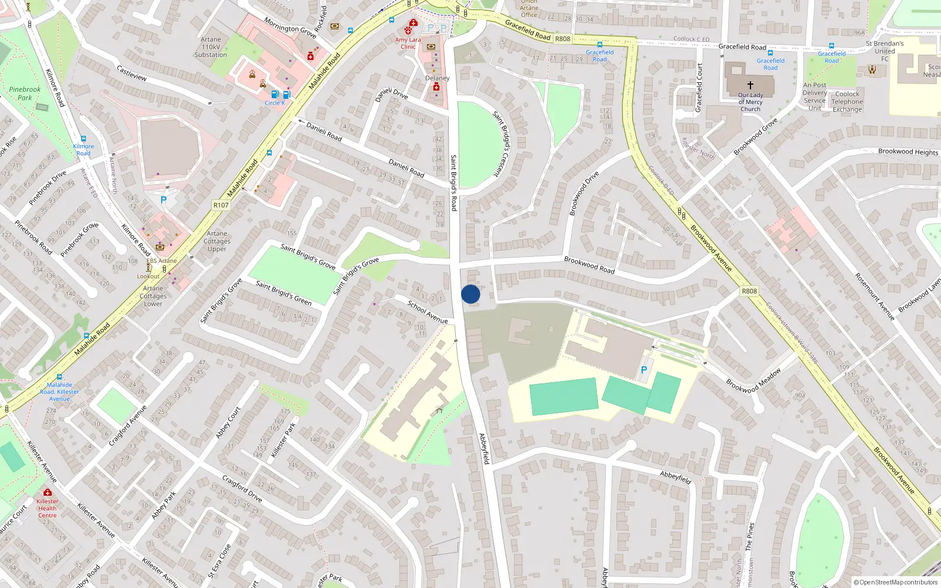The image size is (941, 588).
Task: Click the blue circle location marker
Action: (x=470, y=294)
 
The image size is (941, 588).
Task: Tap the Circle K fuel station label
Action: (x=275, y=103)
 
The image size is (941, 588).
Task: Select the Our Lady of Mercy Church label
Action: (x=750, y=102)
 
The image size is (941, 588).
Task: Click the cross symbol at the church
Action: (x=750, y=85)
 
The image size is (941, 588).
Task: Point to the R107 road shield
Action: (x=221, y=205)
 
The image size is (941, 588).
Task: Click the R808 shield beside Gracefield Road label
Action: (x=563, y=39)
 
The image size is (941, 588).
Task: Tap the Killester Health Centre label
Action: (x=47, y=509)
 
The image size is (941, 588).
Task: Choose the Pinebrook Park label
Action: (x=25, y=93)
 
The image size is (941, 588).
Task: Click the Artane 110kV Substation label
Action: (x=211, y=47)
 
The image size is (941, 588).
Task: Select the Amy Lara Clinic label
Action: (x=408, y=43)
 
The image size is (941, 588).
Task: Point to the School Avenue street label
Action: (x=428, y=312)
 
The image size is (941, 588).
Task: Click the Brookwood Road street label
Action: (x=589, y=265)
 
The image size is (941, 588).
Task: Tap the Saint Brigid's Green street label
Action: (x=283, y=293)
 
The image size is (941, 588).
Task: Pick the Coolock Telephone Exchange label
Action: (x=847, y=102)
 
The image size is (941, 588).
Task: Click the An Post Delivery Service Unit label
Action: (x=815, y=96)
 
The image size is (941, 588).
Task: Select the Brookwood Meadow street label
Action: (x=753, y=380)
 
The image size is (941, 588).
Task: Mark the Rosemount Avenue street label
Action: (x=875, y=296)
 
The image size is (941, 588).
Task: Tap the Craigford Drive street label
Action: (x=242, y=489)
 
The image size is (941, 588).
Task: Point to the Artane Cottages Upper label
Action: (x=217, y=241)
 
